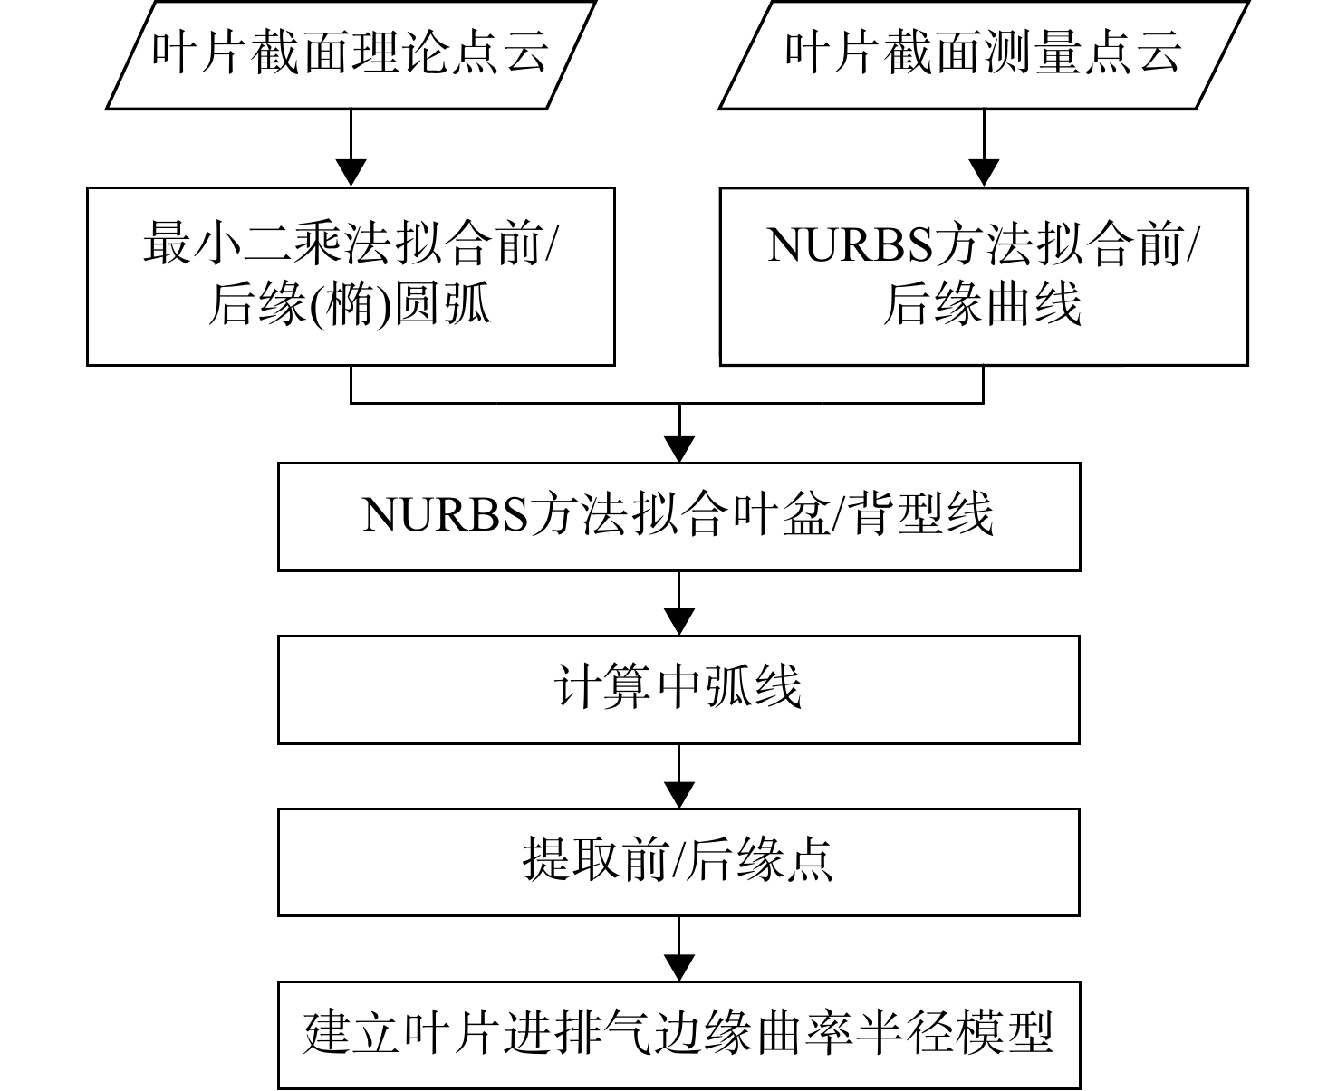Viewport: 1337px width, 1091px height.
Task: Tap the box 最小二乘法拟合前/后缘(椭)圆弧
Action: tap(351, 276)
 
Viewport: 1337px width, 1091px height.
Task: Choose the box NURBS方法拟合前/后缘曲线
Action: tap(984, 276)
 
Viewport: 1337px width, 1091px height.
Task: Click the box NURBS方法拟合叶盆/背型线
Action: tap(679, 517)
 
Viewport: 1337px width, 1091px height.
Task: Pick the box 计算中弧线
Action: tap(679, 690)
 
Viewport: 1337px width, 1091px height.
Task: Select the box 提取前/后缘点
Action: tap(679, 862)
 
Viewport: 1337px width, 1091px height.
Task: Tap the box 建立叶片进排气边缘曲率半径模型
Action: tap(679, 1035)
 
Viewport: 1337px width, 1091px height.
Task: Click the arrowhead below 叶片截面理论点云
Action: tap(351, 173)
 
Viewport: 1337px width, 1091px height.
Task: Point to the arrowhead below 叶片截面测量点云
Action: tap(984, 173)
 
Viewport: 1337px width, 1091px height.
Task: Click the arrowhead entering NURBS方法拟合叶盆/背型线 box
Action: tap(679, 450)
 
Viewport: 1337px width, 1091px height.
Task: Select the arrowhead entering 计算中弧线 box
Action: tap(679, 622)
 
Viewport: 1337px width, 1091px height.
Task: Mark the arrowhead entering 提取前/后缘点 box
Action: tap(679, 795)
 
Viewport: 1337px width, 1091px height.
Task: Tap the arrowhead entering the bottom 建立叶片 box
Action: tap(679, 968)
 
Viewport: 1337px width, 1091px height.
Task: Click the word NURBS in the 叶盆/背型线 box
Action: tap(445, 514)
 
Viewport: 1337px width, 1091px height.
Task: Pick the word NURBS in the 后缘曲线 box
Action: tap(850, 244)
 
